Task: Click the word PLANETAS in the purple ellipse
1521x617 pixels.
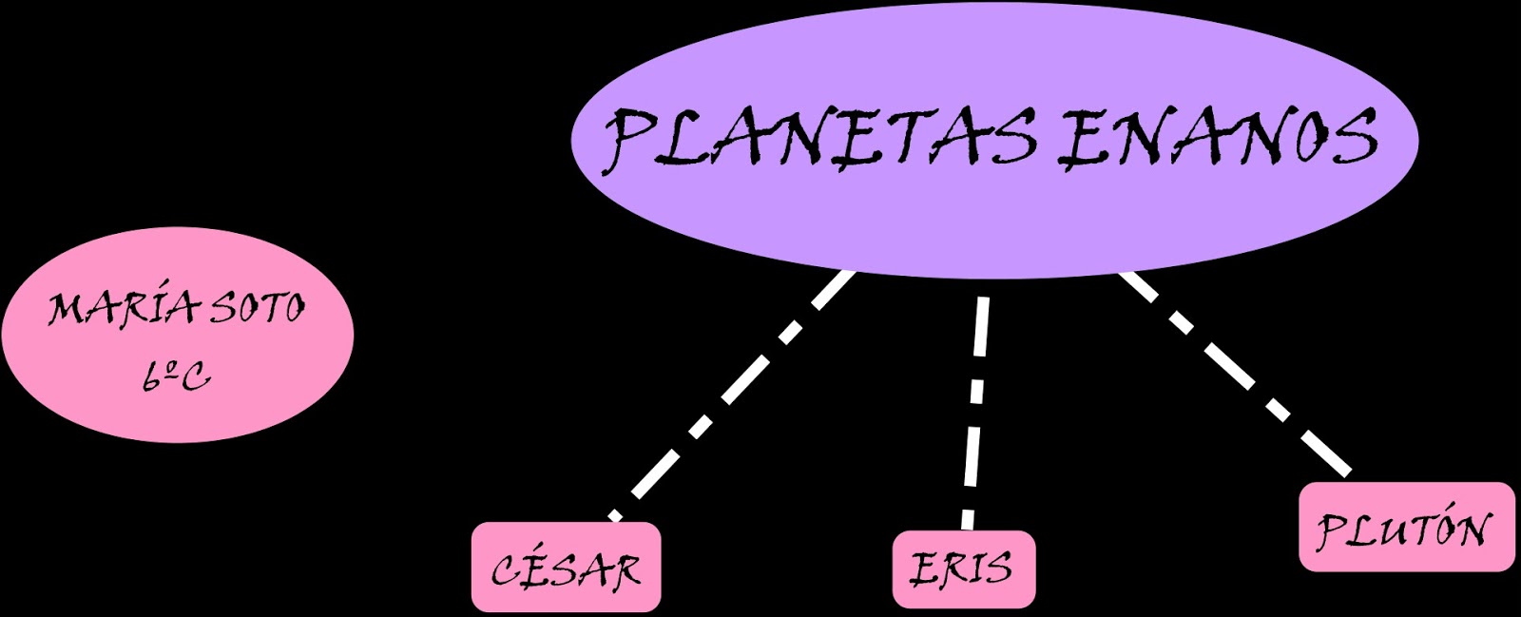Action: [x=819, y=139]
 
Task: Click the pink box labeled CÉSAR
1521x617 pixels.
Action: [x=566, y=568]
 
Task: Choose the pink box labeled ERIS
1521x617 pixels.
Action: [x=963, y=569]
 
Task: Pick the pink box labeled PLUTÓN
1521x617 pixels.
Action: [x=1406, y=527]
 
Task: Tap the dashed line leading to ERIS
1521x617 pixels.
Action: [x=975, y=409]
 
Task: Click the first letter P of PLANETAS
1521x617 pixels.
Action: [x=632, y=139]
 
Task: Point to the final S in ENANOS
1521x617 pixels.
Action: [x=1353, y=139]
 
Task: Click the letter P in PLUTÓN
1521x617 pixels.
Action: [x=1330, y=529]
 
